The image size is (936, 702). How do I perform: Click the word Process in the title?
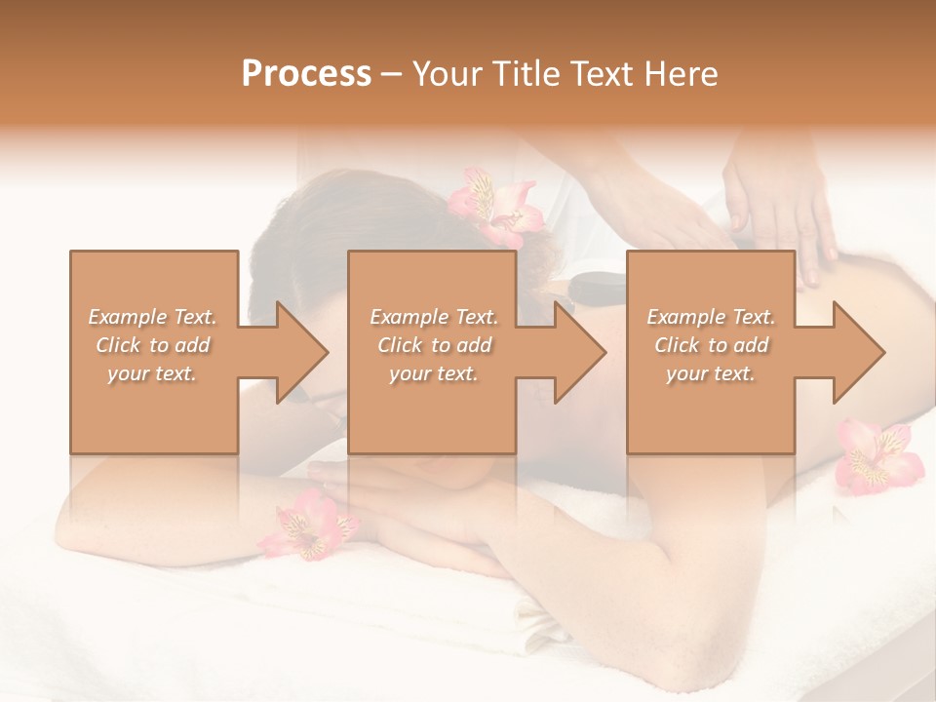click(306, 74)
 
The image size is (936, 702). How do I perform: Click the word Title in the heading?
click(520, 74)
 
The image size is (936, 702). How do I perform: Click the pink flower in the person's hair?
click(494, 206)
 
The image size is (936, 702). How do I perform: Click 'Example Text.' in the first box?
click(152, 317)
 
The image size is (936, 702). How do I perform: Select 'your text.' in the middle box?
click(433, 373)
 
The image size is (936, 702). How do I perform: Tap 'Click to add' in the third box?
click(711, 345)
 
